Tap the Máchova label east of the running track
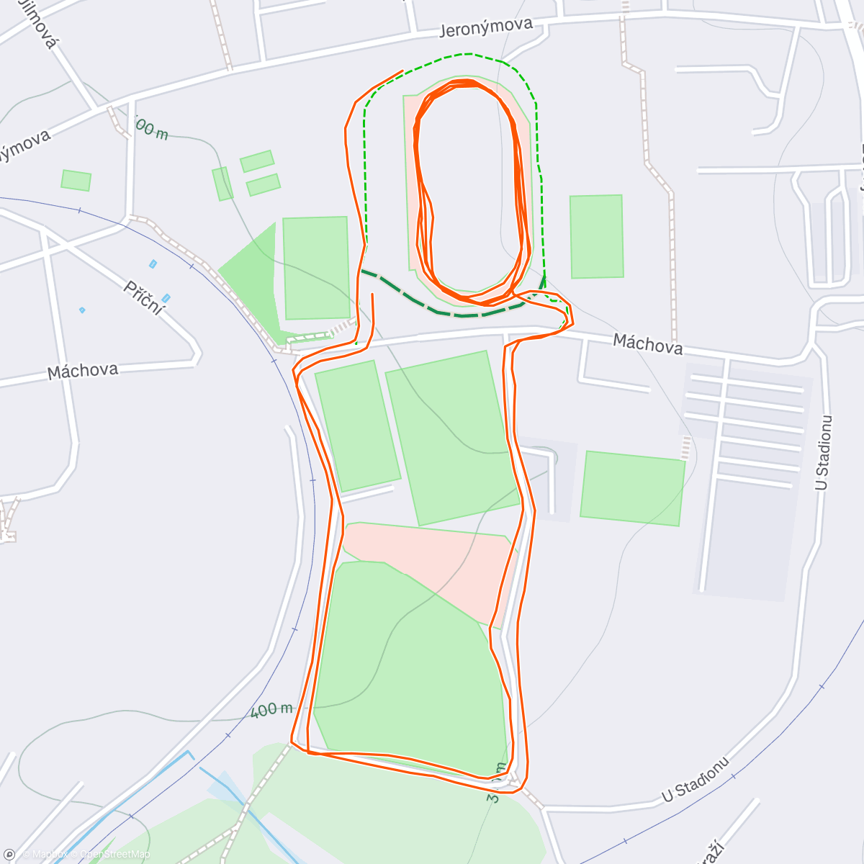point(647,344)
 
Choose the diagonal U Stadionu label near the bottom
point(696,780)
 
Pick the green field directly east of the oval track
point(597,236)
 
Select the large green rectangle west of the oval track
point(316,268)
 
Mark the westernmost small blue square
point(82,310)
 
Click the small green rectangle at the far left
point(76,180)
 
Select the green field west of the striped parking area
point(632,487)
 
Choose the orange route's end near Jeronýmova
point(402,71)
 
